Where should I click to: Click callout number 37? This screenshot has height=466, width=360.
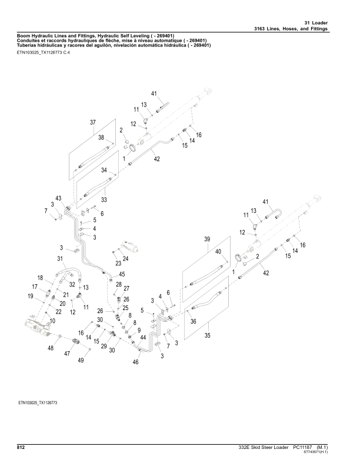pos(92,122)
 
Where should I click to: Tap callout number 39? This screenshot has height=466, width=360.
pos(207,239)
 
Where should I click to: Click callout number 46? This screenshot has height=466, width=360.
pos(135,363)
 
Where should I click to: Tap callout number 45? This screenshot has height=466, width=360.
pos(122,274)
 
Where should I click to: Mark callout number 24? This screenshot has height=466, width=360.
pos(125,258)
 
